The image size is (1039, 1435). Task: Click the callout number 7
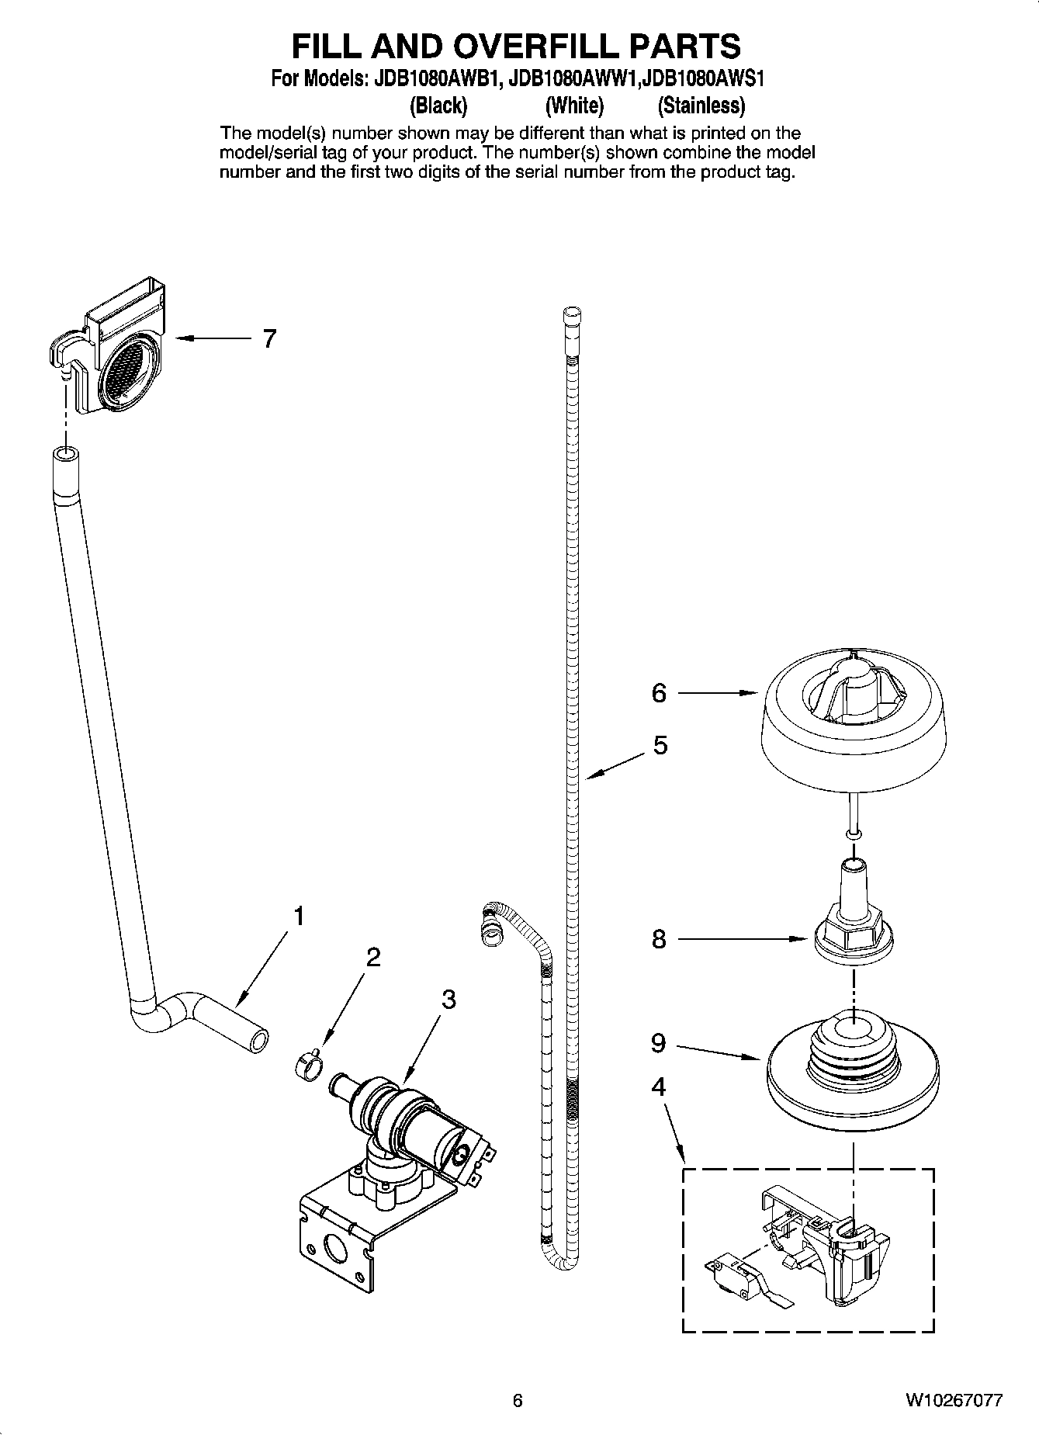pos(269,339)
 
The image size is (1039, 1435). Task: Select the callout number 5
pos(660,746)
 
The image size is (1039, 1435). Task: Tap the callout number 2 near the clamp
pos(373,958)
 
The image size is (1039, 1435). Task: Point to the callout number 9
pos(658,1044)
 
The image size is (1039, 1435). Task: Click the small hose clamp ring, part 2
pos(308,1065)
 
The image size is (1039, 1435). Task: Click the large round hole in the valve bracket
pos(335,1251)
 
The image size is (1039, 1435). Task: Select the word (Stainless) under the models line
pos(701,105)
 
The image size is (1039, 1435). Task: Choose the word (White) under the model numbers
pos(574,105)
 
